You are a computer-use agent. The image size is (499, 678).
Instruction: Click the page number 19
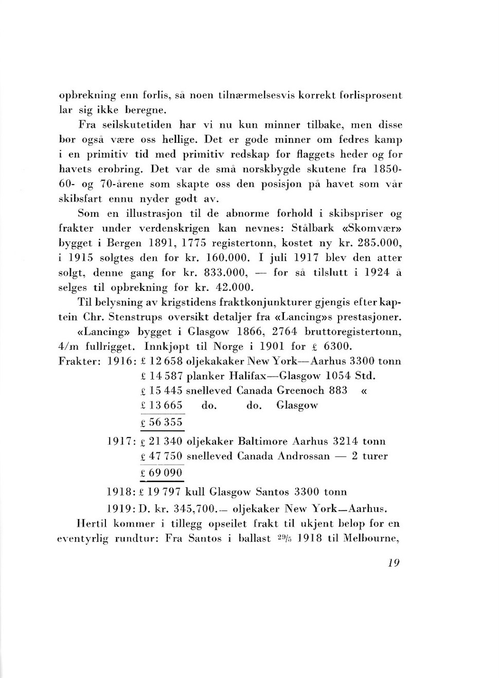394,563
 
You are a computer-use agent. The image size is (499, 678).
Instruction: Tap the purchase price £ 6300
333,346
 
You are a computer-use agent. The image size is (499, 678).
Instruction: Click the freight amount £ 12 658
161,361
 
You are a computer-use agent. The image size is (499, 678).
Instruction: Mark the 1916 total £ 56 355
162,423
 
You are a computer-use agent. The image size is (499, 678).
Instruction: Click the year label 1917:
121,442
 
